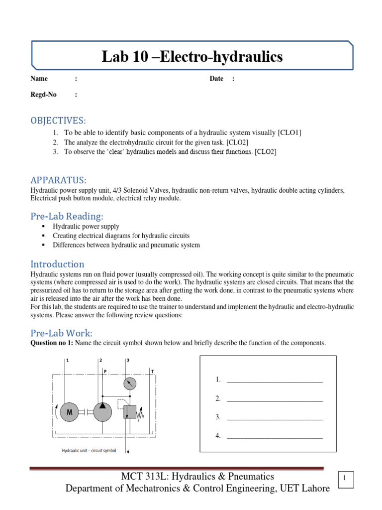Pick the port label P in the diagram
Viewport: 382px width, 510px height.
[x=105, y=371]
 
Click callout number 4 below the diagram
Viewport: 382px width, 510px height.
[x=128, y=451]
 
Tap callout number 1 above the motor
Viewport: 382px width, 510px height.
[x=67, y=360]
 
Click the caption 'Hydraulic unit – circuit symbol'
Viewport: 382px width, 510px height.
[x=89, y=450]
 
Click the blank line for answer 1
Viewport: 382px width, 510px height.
[x=275, y=382]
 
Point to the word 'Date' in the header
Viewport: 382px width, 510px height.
[x=216, y=79]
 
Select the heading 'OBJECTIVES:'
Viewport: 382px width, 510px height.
[x=58, y=121]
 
